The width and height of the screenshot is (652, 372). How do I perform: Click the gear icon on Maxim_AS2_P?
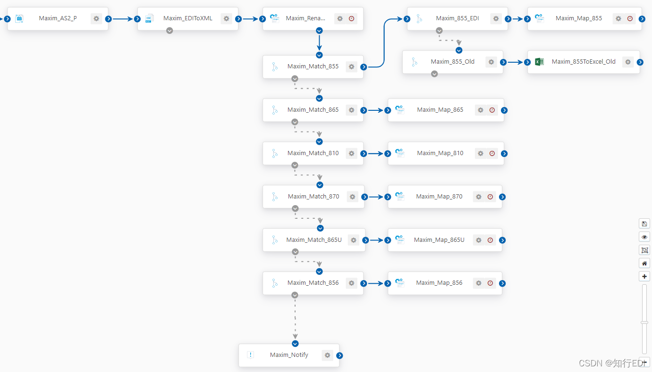click(96, 19)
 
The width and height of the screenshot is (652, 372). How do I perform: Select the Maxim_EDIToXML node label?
click(188, 18)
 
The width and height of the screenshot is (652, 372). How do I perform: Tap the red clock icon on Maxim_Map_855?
click(630, 19)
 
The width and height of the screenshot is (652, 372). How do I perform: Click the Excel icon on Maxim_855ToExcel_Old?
click(539, 62)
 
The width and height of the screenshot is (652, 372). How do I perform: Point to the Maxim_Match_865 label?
click(313, 110)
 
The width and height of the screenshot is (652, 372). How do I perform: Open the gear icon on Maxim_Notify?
click(328, 355)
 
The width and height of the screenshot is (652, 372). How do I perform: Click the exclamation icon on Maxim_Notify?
click(251, 355)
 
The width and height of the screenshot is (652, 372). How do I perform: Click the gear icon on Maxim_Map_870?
click(479, 197)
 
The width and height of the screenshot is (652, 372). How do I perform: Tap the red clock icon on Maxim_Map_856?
click(490, 283)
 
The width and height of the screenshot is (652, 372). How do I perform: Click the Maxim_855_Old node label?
click(453, 62)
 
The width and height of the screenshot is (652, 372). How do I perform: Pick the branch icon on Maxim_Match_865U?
click(275, 240)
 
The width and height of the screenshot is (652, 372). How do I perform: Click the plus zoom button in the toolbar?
click(644, 276)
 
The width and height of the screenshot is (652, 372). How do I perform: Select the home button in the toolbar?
click(644, 263)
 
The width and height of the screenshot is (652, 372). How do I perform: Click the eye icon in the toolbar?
click(644, 237)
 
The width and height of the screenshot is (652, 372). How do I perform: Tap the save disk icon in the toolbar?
click(644, 223)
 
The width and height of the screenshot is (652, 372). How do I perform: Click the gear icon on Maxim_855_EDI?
click(496, 19)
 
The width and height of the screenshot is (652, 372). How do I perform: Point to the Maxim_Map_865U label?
click(439, 240)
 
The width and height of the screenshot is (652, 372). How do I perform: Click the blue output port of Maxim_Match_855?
click(364, 67)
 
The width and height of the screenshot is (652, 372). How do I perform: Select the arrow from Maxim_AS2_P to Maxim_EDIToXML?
click(123, 19)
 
